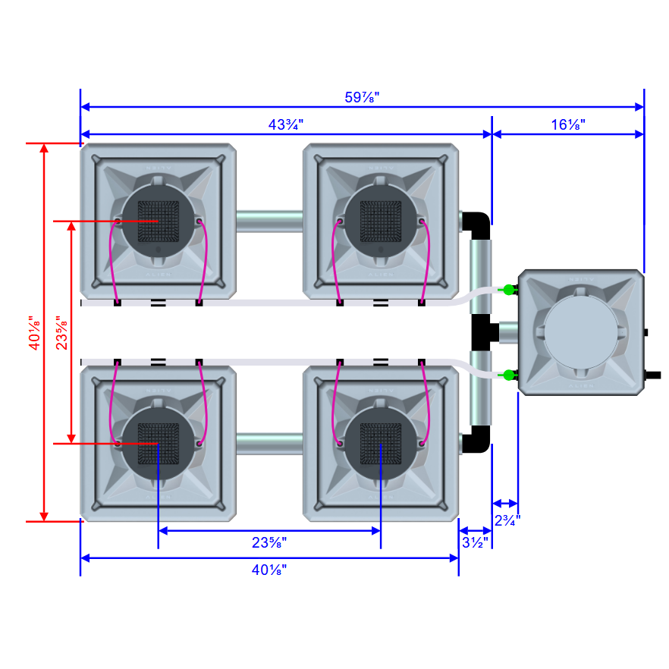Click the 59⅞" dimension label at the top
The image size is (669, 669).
362,97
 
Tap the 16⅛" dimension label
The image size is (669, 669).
568,124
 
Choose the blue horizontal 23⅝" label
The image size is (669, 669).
269,542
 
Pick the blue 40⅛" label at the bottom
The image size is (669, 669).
269,570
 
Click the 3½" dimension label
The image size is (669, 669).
476,542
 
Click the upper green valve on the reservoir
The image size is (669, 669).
507,289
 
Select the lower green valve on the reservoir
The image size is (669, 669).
507,375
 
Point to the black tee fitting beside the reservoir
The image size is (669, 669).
482,331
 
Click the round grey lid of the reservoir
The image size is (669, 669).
579,332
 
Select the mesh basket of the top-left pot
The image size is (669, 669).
158,221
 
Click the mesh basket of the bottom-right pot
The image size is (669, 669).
380,443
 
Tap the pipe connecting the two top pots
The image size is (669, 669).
269,221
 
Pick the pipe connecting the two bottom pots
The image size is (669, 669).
269,443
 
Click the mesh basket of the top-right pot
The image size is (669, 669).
380,221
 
